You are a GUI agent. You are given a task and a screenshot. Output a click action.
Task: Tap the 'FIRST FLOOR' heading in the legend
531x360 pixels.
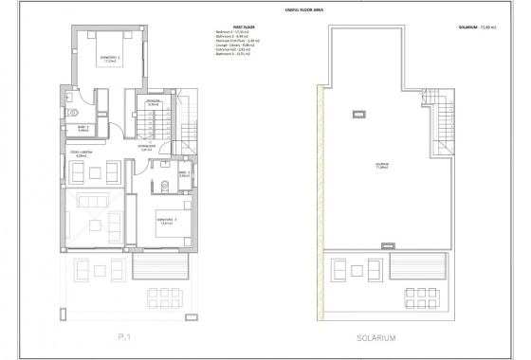click(x=227, y=27)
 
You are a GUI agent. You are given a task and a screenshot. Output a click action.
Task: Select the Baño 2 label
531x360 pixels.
click(x=83, y=127)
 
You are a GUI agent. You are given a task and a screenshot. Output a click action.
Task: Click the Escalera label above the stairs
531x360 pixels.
click(x=152, y=100)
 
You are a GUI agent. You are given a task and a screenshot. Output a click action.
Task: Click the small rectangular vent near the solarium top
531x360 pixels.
click(x=357, y=115)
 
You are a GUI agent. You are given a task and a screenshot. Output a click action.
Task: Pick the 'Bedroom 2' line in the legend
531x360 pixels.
click(x=233, y=33)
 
